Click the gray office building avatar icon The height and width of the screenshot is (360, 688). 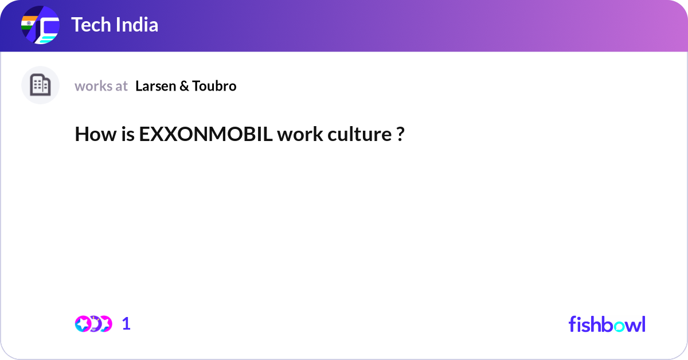(40, 85)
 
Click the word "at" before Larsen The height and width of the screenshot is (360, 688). (121, 86)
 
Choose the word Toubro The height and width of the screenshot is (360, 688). (214, 86)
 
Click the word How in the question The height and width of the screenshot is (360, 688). (94, 135)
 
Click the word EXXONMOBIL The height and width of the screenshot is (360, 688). (205, 135)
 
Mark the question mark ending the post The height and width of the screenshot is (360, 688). (400, 135)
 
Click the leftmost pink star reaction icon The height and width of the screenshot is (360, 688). (83, 324)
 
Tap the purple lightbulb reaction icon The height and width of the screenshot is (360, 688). (95, 324)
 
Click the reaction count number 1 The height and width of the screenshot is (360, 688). (126, 324)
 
